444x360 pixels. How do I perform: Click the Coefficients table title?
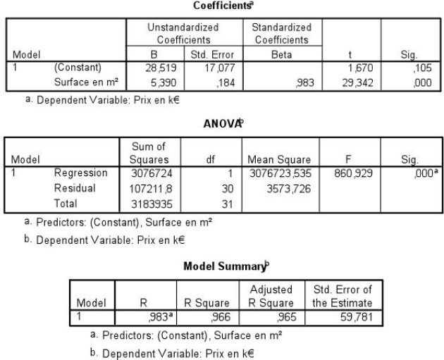(x=222, y=5)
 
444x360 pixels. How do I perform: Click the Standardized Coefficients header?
(x=281, y=33)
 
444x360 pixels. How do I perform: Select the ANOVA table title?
(x=222, y=124)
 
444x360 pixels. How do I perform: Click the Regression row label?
(x=81, y=173)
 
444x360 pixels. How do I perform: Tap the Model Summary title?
(x=222, y=266)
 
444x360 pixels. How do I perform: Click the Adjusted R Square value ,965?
(x=261, y=317)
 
